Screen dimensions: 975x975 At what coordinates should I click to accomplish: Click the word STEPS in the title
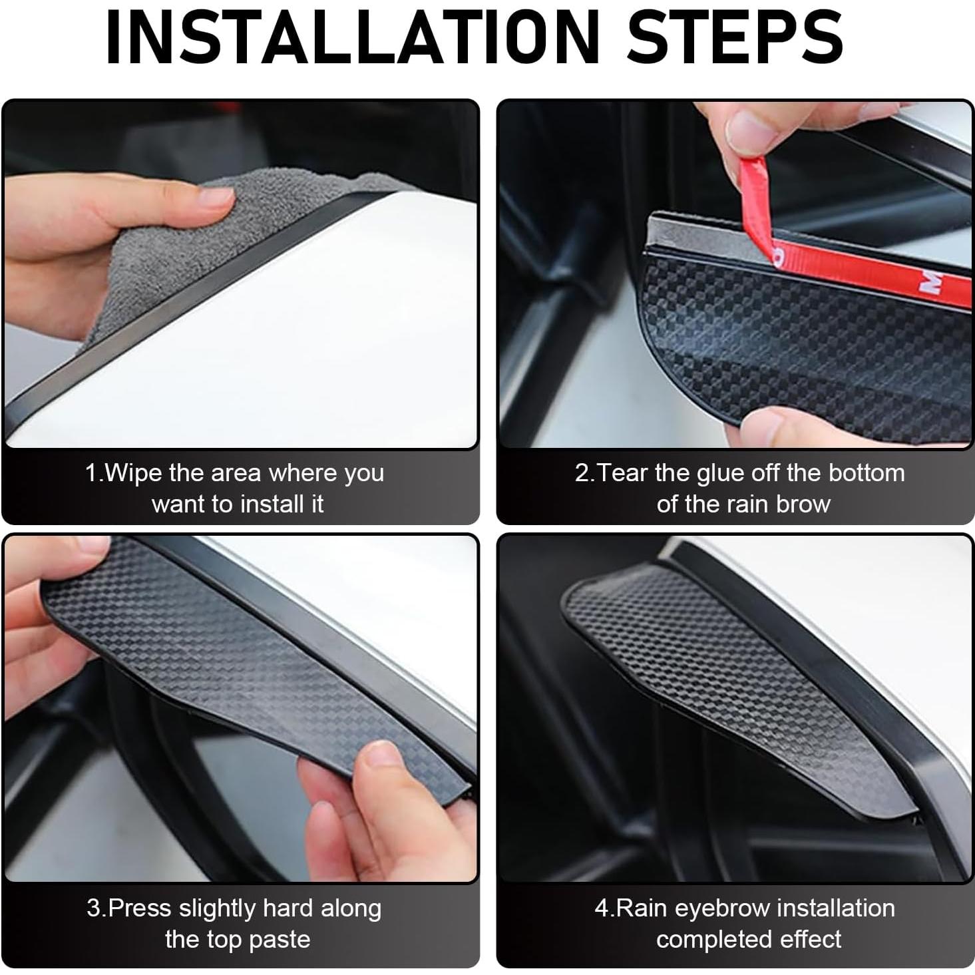[x=735, y=38]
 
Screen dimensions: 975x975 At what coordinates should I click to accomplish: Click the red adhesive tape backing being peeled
[x=865, y=266]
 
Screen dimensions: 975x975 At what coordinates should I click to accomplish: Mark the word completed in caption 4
[x=703, y=940]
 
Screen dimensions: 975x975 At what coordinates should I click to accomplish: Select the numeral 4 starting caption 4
[x=601, y=908]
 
